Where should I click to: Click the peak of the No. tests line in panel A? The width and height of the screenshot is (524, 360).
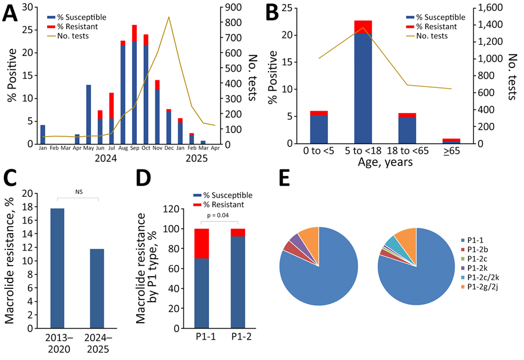tap(169, 17)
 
